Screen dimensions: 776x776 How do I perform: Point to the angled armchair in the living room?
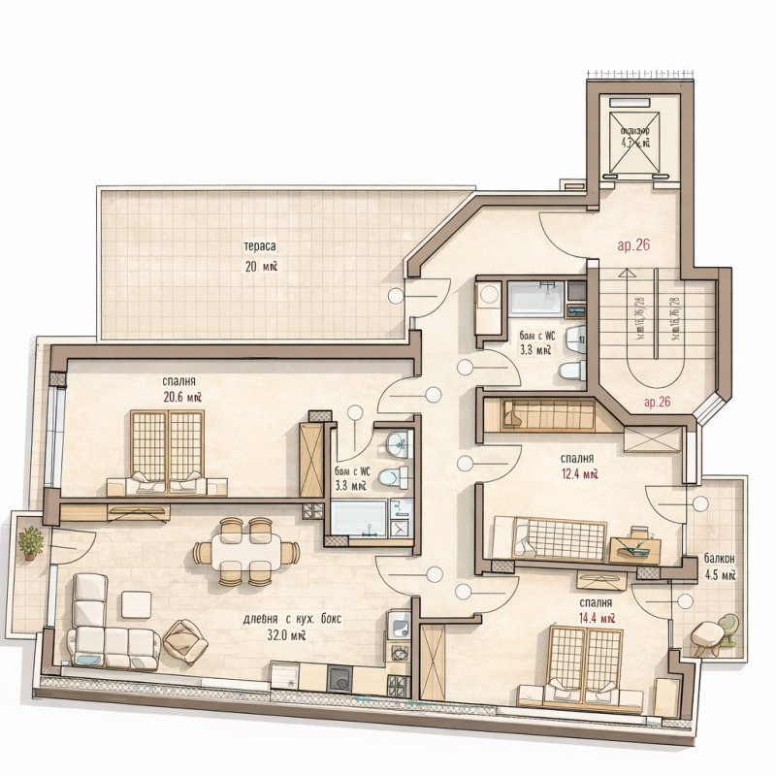coord(184,641)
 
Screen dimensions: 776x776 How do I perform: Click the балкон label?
coord(720,559)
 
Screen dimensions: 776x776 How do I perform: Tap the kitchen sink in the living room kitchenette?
coord(399,627)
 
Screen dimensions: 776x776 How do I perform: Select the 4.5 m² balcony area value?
coord(721,574)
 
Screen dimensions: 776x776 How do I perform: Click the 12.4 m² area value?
coord(578,474)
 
